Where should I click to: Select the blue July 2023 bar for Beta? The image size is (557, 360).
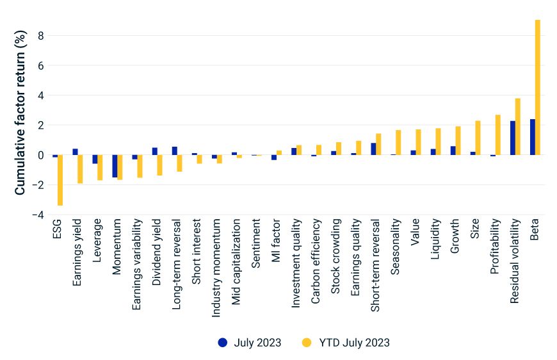tap(533, 137)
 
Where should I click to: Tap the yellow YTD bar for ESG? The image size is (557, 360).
tap(60, 180)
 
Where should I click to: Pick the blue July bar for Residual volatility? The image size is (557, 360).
tap(513, 138)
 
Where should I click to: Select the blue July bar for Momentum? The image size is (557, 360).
tap(115, 166)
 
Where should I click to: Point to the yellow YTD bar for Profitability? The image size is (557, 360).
tap(498, 135)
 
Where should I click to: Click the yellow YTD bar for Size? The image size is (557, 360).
tap(478, 138)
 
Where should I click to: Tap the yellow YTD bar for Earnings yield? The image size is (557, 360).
tap(80, 169)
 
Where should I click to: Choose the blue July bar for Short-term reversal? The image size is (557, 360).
tap(373, 149)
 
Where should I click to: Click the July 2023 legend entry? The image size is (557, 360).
tap(249, 342)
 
